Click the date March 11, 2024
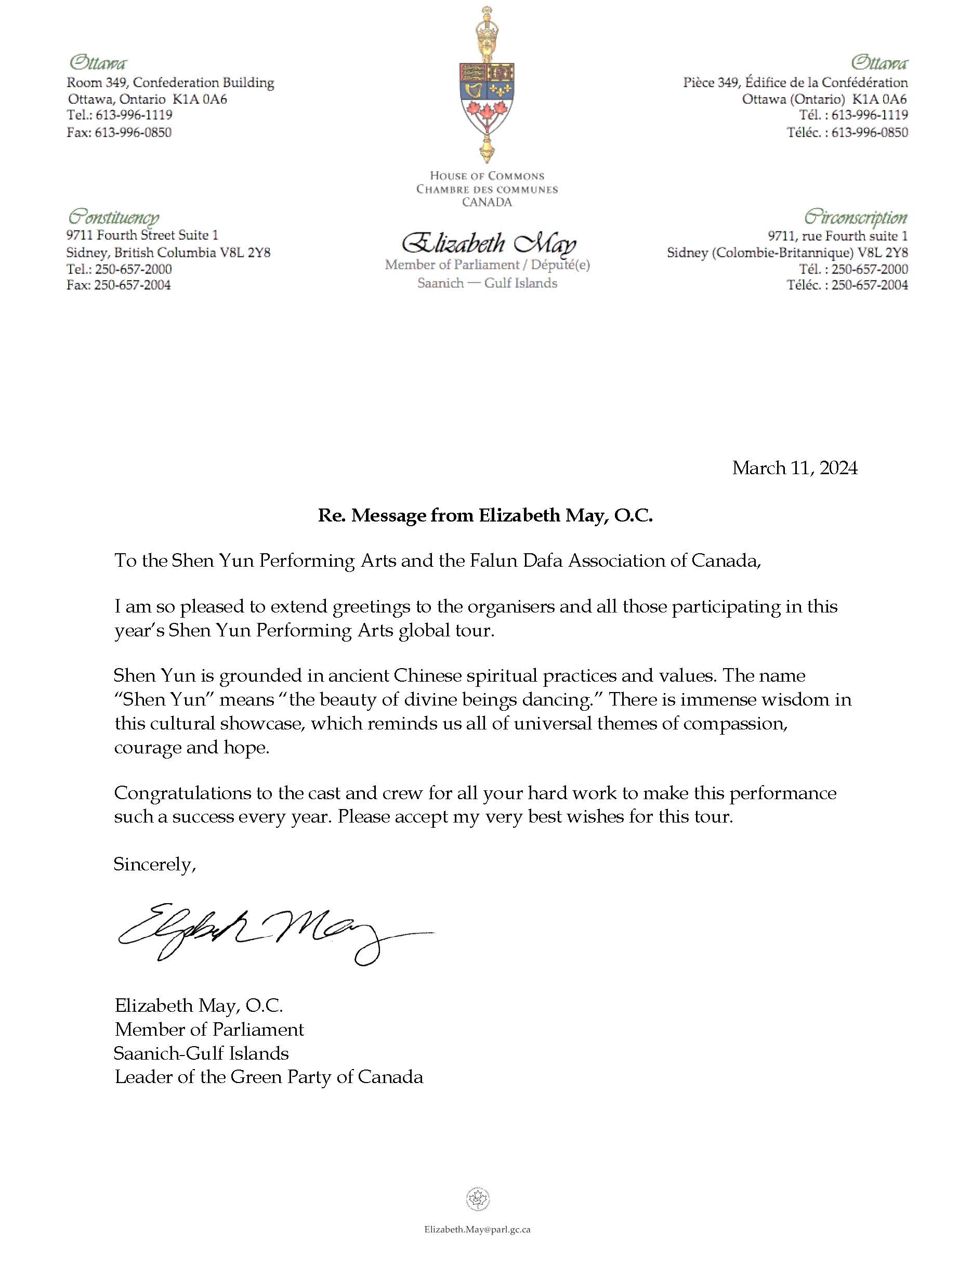pos(794,467)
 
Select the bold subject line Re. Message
pos(485,515)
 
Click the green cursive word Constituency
pos(113,218)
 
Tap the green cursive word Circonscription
pos(856,218)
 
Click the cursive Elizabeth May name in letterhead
pos(488,244)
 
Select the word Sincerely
pos(154,864)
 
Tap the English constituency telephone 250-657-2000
pos(133,269)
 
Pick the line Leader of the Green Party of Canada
pos(268,1076)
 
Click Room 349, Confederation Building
pos(170,83)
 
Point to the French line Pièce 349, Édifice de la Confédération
pos(795,83)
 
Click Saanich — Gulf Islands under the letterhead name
pos(487,283)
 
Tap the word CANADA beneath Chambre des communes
pos(487,202)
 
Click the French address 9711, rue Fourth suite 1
pos(837,236)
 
